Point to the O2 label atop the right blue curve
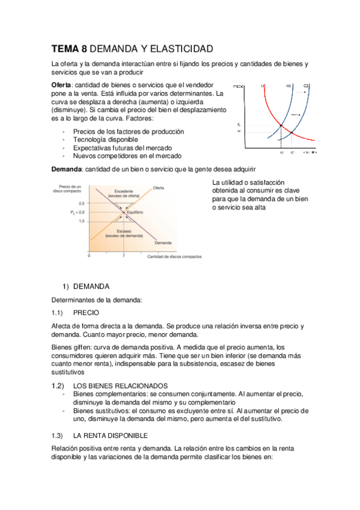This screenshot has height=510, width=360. click(x=305, y=86)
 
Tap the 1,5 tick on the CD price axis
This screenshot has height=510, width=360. click(x=81, y=221)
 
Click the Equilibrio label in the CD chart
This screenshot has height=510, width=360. click(x=135, y=213)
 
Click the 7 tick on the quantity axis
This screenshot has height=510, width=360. click(x=123, y=256)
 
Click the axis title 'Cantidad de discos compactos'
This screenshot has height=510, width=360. click(x=174, y=257)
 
